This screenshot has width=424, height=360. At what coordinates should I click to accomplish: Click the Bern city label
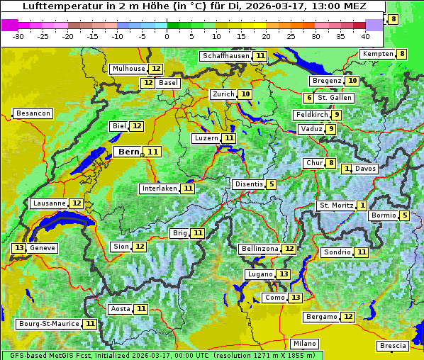129,152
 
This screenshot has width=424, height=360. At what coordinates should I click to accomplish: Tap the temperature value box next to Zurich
245,94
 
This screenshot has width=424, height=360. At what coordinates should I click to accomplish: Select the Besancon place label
33,113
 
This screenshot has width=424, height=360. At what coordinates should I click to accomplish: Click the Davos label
365,169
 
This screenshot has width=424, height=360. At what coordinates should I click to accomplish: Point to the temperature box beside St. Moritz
362,206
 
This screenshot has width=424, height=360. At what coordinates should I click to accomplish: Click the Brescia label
393,346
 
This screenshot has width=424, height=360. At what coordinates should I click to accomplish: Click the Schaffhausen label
225,56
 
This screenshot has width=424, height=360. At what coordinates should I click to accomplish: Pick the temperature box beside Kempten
402,54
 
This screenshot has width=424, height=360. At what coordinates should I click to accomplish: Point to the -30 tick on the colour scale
18,35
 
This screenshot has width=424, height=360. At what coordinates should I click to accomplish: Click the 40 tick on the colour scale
365,35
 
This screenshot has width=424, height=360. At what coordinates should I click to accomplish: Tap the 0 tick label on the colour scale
167,35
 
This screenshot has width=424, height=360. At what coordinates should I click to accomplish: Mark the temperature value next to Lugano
284,274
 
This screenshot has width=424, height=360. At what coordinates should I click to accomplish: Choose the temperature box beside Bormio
404,215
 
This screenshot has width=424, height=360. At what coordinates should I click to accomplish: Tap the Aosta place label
121,309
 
